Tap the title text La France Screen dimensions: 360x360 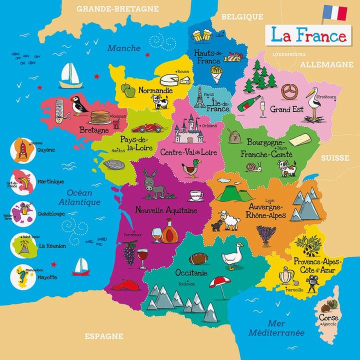308,35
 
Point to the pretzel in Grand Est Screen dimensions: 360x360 288,91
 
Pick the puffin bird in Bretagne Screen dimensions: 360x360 78,105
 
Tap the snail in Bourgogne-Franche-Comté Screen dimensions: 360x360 258,166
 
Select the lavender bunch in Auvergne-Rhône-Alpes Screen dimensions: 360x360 266,234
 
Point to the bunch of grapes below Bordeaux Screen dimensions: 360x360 129,253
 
